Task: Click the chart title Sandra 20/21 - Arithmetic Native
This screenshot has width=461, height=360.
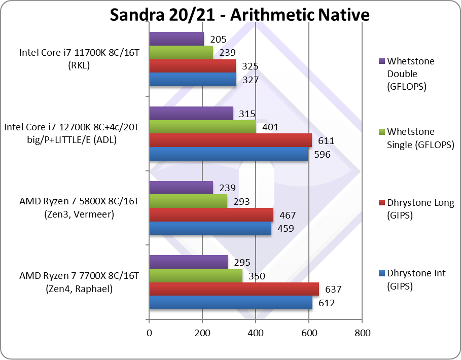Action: click(239, 15)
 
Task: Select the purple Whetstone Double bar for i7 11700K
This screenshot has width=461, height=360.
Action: click(176, 39)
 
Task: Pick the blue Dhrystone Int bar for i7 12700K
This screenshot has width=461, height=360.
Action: click(228, 154)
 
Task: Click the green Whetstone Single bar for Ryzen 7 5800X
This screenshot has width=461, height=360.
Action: click(188, 201)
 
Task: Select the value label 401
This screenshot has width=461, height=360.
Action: click(270, 127)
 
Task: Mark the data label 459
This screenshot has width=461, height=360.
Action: click(285, 228)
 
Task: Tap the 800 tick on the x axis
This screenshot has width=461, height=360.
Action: click(362, 333)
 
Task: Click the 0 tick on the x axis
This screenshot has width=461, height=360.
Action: click(149, 333)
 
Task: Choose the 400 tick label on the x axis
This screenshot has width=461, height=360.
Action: click(256, 333)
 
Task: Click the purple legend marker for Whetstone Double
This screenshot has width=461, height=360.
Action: click(381, 61)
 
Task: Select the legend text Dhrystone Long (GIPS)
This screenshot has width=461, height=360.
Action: click(420, 209)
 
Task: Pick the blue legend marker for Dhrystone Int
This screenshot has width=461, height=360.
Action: click(381, 273)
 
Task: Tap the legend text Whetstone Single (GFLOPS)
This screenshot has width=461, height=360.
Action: click(420, 138)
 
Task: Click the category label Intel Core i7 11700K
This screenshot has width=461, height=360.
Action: click(79, 58)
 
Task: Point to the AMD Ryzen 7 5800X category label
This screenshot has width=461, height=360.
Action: click(79, 207)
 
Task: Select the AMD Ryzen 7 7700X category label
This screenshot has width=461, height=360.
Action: click(79, 282)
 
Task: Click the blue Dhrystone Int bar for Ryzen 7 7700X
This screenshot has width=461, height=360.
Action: click(230, 303)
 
